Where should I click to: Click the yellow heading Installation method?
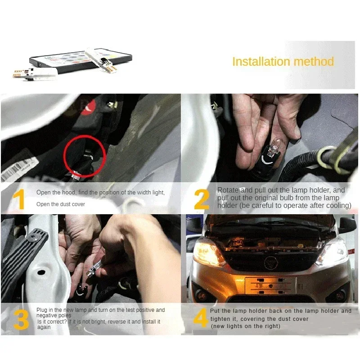283,62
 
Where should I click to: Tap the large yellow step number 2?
202,200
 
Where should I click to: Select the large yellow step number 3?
21,319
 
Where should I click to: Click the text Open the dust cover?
60,204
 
